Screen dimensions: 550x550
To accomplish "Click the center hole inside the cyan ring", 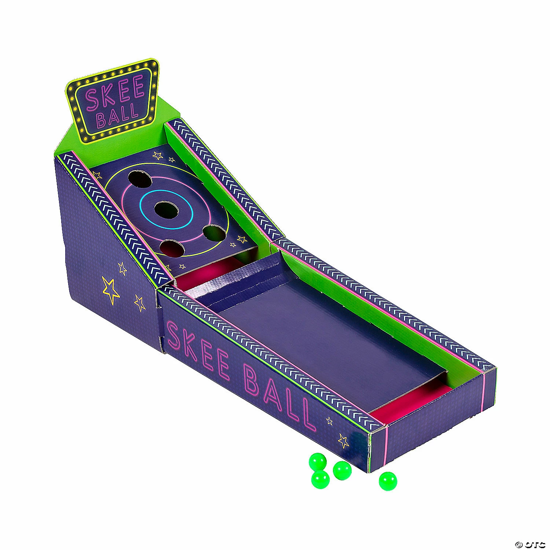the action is pos(166,209).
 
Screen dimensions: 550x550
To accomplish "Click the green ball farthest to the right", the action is pos(388,481).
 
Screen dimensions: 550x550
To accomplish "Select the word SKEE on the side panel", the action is pos(199,352).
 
